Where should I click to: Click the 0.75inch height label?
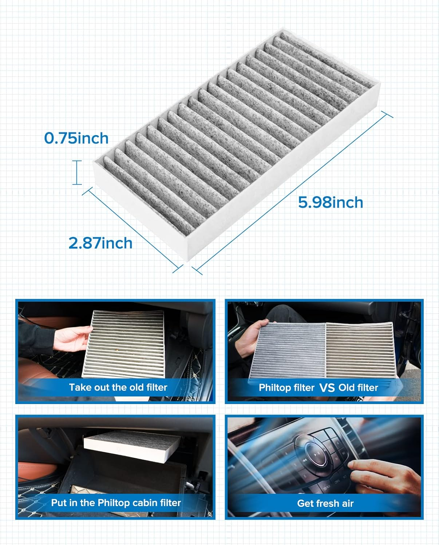click(x=76, y=138)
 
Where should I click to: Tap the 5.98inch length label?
click(x=331, y=202)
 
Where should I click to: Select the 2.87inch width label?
click(x=100, y=243)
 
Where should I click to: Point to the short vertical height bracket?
click(x=77, y=172)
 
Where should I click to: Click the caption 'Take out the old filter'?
click(x=118, y=387)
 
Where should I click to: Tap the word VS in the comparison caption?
click(x=327, y=388)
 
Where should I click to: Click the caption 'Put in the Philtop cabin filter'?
click(x=116, y=503)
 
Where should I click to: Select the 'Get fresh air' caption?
click(x=325, y=503)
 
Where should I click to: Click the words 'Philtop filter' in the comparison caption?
click(x=286, y=388)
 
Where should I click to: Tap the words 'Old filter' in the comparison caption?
click(x=358, y=388)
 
